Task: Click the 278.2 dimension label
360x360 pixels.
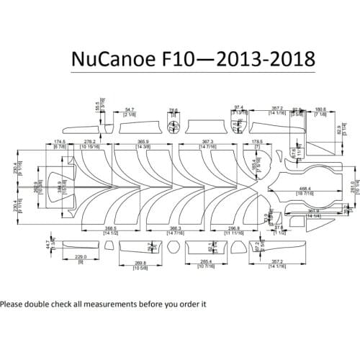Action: [91, 142]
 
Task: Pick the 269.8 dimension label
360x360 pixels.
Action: [141, 263]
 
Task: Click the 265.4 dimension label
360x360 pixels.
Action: [205, 263]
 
